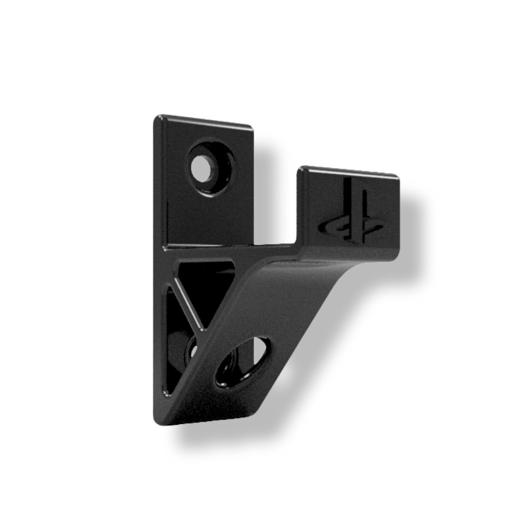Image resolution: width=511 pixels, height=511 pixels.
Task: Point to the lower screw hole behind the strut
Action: pos(193,350)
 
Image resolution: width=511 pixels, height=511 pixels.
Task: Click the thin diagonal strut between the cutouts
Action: pos(188,303)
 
